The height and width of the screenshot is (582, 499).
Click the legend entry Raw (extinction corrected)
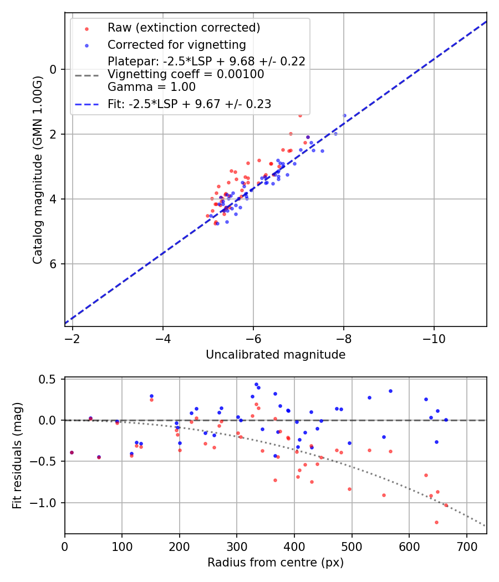[184, 28]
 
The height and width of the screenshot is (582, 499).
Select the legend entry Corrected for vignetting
[177, 44]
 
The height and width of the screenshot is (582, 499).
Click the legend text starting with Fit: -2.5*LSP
[189, 104]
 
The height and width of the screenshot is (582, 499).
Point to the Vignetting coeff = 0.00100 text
[186, 74]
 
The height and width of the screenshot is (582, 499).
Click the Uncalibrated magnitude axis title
[276, 355]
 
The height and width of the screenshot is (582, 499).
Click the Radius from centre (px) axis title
[276, 563]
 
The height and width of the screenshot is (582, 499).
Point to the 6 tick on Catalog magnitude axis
[54, 264]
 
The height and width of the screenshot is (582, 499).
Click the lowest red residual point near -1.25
[436, 522]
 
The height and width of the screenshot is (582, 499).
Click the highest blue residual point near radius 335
[256, 384]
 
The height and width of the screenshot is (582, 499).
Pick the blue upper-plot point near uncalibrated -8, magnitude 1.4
[344, 115]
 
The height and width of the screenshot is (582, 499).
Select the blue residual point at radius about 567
[390, 391]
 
